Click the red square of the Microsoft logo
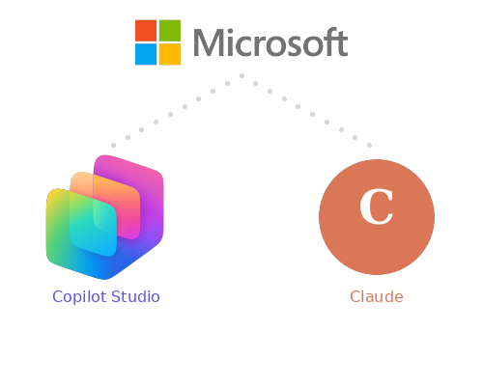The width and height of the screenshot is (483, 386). (x=146, y=30)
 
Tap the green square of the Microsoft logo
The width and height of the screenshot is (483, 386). (x=169, y=30)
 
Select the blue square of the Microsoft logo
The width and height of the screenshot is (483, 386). (x=146, y=54)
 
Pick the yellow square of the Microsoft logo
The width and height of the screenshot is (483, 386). (x=169, y=54)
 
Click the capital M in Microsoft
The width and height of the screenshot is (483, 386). (x=210, y=43)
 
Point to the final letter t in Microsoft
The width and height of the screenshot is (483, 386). (x=341, y=43)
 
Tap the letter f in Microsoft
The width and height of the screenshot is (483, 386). (x=325, y=42)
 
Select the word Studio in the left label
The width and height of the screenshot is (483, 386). (x=135, y=296)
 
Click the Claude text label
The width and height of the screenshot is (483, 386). (x=376, y=296)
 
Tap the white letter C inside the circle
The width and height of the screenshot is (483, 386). (x=376, y=207)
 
